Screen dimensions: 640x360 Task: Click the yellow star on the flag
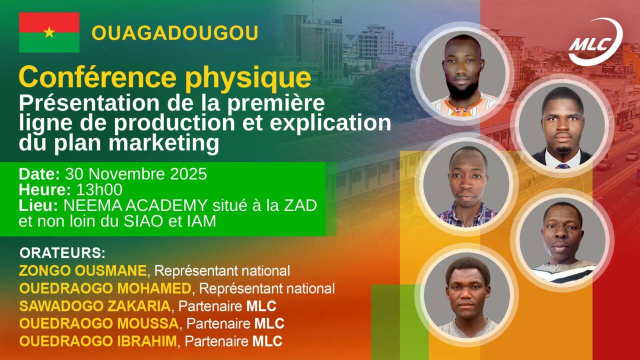click(49, 32)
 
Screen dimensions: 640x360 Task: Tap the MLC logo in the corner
click(595, 41)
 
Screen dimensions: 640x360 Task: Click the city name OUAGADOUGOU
click(175, 33)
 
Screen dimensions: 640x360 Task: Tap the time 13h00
click(99, 189)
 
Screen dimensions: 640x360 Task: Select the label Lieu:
click(38, 205)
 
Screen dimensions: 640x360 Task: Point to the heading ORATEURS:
click(62, 253)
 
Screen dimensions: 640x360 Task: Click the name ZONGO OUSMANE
click(83, 270)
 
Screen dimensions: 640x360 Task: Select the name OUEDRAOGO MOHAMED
click(105, 288)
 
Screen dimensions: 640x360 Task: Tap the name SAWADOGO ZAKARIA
click(95, 306)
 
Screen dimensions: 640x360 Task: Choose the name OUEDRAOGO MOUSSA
click(99, 323)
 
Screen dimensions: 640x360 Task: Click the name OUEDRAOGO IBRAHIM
click(98, 341)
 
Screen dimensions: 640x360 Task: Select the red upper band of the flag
click(49, 22)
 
